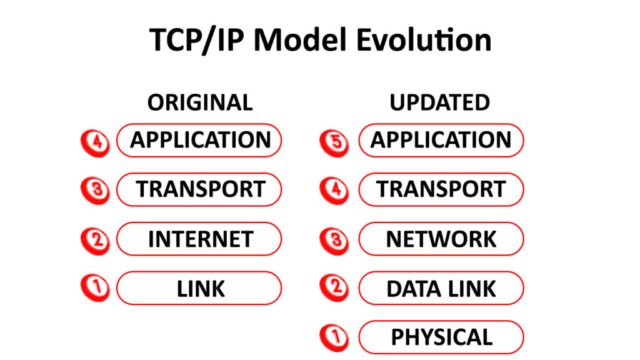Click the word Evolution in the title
click(424, 40)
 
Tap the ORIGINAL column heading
click(200, 102)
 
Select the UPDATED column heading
click(440, 102)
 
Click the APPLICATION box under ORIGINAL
click(199, 140)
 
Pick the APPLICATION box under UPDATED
click(441, 140)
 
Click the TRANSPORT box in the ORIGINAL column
click(199, 189)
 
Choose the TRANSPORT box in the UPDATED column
click(441, 189)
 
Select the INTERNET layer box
click(199, 239)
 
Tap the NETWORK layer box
click(441, 239)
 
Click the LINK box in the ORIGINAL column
click(199, 288)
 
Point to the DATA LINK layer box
click(441, 288)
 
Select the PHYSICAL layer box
click(441, 337)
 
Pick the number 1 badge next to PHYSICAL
click(334, 338)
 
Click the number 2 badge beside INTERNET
click(95, 239)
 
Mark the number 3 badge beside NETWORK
click(334, 239)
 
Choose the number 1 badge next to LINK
click(95, 288)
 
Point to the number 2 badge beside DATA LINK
click(334, 288)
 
